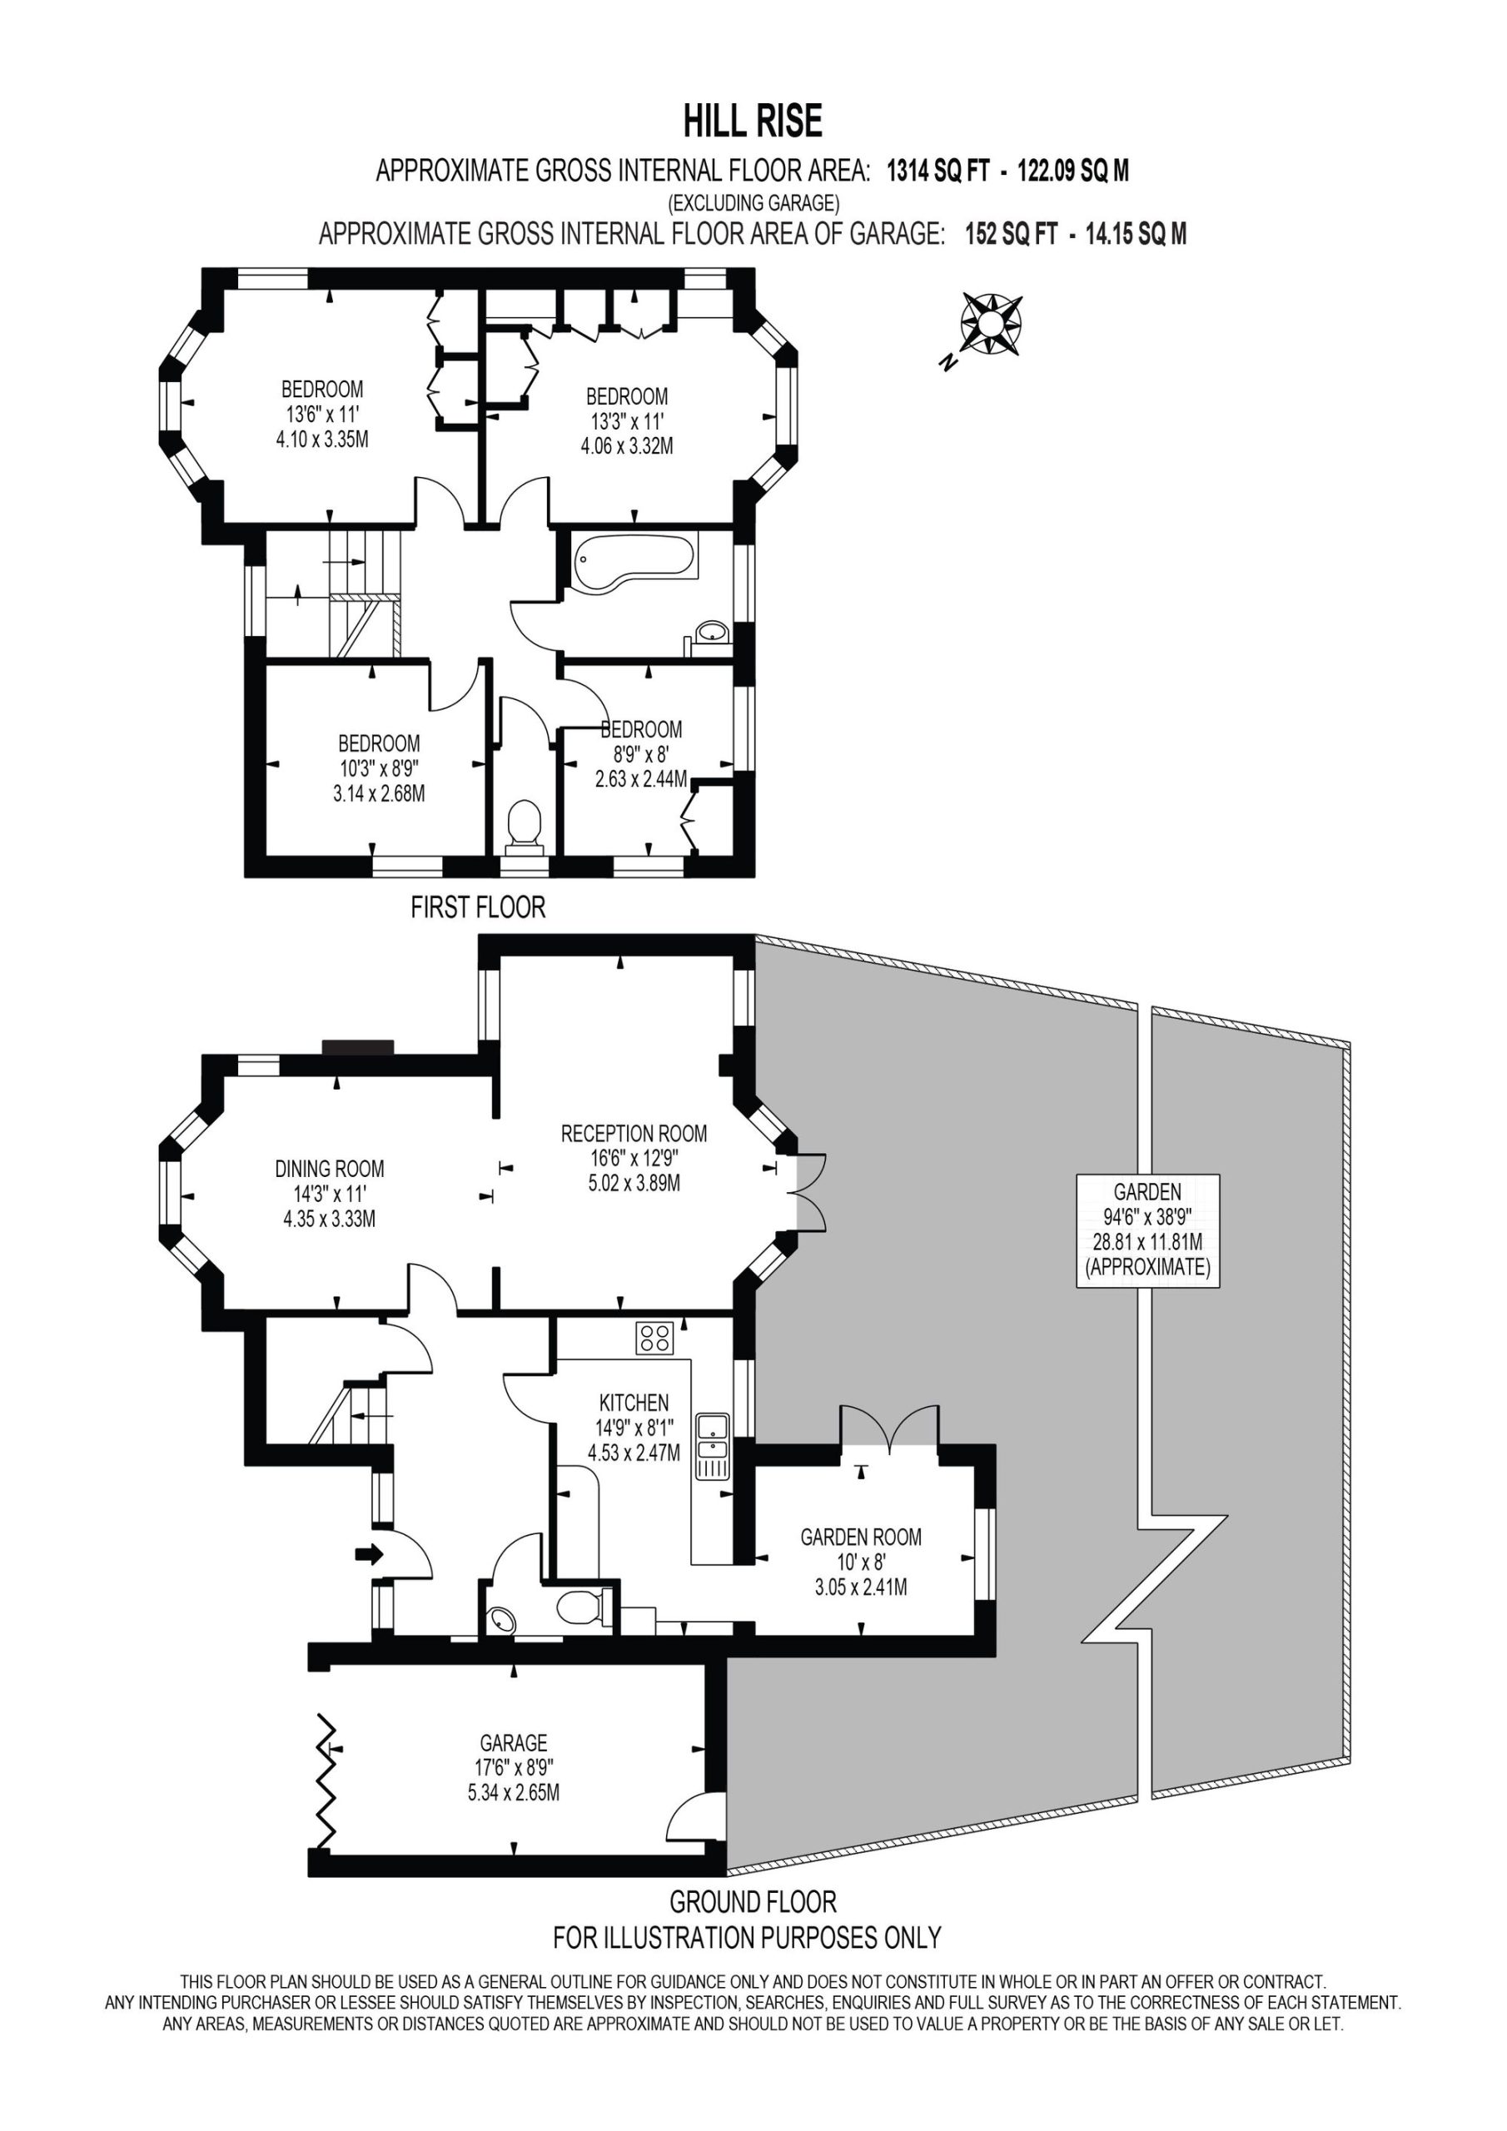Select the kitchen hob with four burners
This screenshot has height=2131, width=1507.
pyautogui.click(x=655, y=1338)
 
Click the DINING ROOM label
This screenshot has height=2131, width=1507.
pyautogui.click(x=330, y=1170)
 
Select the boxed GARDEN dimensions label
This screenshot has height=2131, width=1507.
pyautogui.click(x=1147, y=1229)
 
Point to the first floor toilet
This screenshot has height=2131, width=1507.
pyautogui.click(x=525, y=825)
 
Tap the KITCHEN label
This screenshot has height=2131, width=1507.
pyautogui.click(x=634, y=1403)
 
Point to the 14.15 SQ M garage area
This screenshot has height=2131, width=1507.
pyautogui.click(x=1137, y=235)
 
